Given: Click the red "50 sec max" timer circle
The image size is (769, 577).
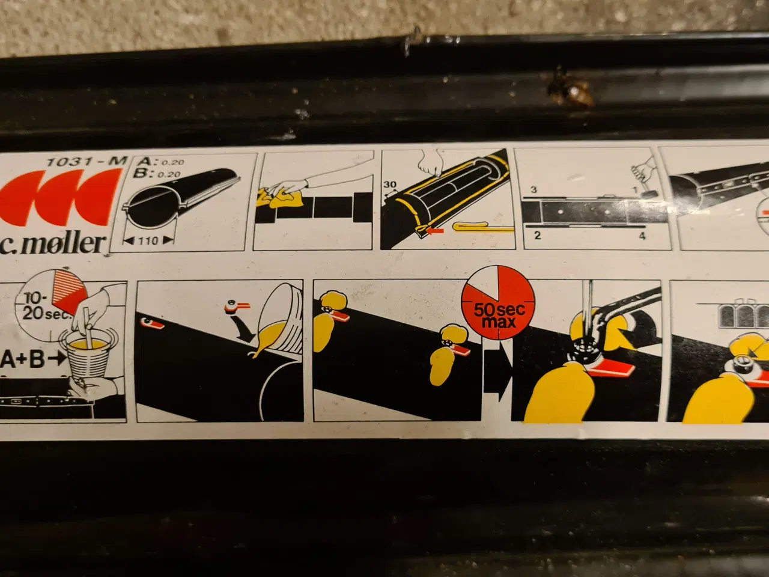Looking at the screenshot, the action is click(498, 302).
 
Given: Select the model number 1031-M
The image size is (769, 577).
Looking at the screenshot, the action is click(86, 161).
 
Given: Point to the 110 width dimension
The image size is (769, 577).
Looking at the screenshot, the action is click(148, 240).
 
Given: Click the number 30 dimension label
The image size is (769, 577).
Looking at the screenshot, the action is click(389, 185).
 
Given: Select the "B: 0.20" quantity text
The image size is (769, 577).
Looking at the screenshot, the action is click(157, 174).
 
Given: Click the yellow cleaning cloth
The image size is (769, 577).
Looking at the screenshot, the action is click(281, 198).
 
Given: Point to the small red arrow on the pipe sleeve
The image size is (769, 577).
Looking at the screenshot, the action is click(435, 231).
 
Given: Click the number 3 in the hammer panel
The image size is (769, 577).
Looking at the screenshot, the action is click(533, 190).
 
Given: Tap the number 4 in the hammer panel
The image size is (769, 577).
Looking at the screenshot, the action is click(642, 236).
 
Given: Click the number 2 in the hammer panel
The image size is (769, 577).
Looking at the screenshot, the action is click(538, 235).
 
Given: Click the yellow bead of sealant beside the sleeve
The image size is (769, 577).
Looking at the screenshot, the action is click(483, 227).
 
